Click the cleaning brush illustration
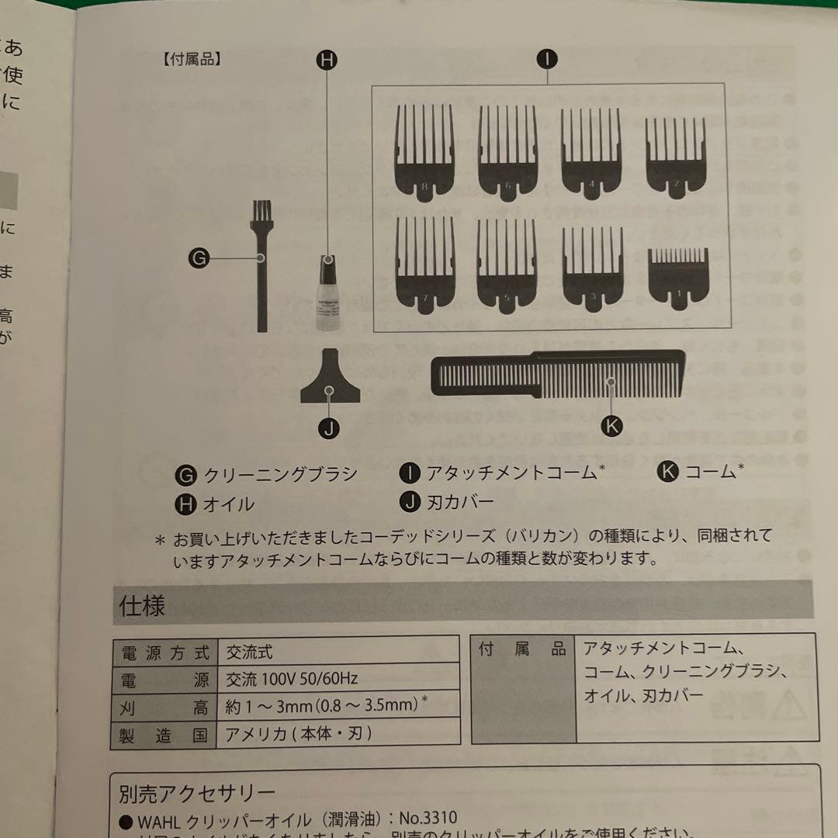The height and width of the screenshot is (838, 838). pyautogui.click(x=260, y=264)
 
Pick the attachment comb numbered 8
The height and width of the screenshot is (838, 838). pyautogui.click(x=424, y=151)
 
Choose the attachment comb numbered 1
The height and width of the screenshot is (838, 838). pyautogui.click(x=678, y=275)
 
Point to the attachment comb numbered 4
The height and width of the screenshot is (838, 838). pyautogui.click(x=592, y=151)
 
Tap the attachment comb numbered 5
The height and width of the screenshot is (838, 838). pyautogui.click(x=506, y=264)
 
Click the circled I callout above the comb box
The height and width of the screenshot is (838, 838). pyautogui.click(x=548, y=60)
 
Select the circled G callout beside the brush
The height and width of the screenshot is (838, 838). pyautogui.click(x=199, y=258)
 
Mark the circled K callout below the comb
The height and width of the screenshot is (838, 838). pyautogui.click(x=612, y=425)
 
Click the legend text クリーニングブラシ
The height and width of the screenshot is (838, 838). pyautogui.click(x=280, y=474)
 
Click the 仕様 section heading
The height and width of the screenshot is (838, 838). pyautogui.click(x=143, y=606)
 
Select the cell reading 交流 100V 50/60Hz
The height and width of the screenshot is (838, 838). pyautogui.click(x=292, y=678)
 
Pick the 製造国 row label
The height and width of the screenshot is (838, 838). pyautogui.click(x=161, y=733)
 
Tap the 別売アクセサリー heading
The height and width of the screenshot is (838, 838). pyautogui.click(x=197, y=793)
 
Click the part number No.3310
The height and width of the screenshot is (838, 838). pyautogui.click(x=428, y=818)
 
